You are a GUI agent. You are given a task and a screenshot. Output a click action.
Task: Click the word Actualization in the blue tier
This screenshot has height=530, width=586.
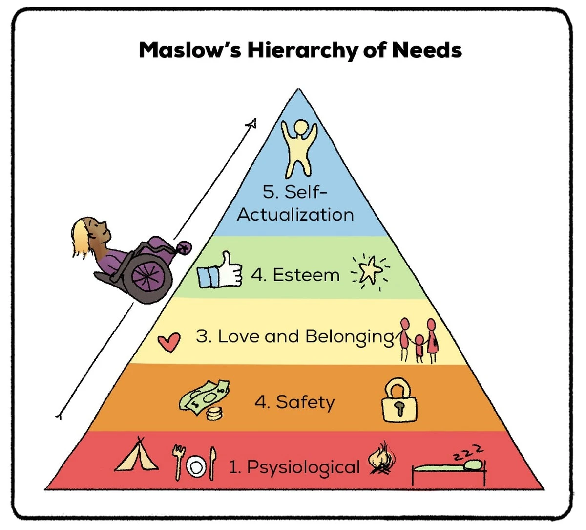pos(295,215)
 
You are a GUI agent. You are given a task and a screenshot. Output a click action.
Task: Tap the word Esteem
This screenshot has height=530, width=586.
pos(306,275)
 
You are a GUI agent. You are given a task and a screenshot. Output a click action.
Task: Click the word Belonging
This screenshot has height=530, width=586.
pos(350,337)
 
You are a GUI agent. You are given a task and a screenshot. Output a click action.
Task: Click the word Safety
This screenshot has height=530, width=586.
pos(306,402)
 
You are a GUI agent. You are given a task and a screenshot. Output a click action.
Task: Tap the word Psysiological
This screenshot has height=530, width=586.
pos(303,467)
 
